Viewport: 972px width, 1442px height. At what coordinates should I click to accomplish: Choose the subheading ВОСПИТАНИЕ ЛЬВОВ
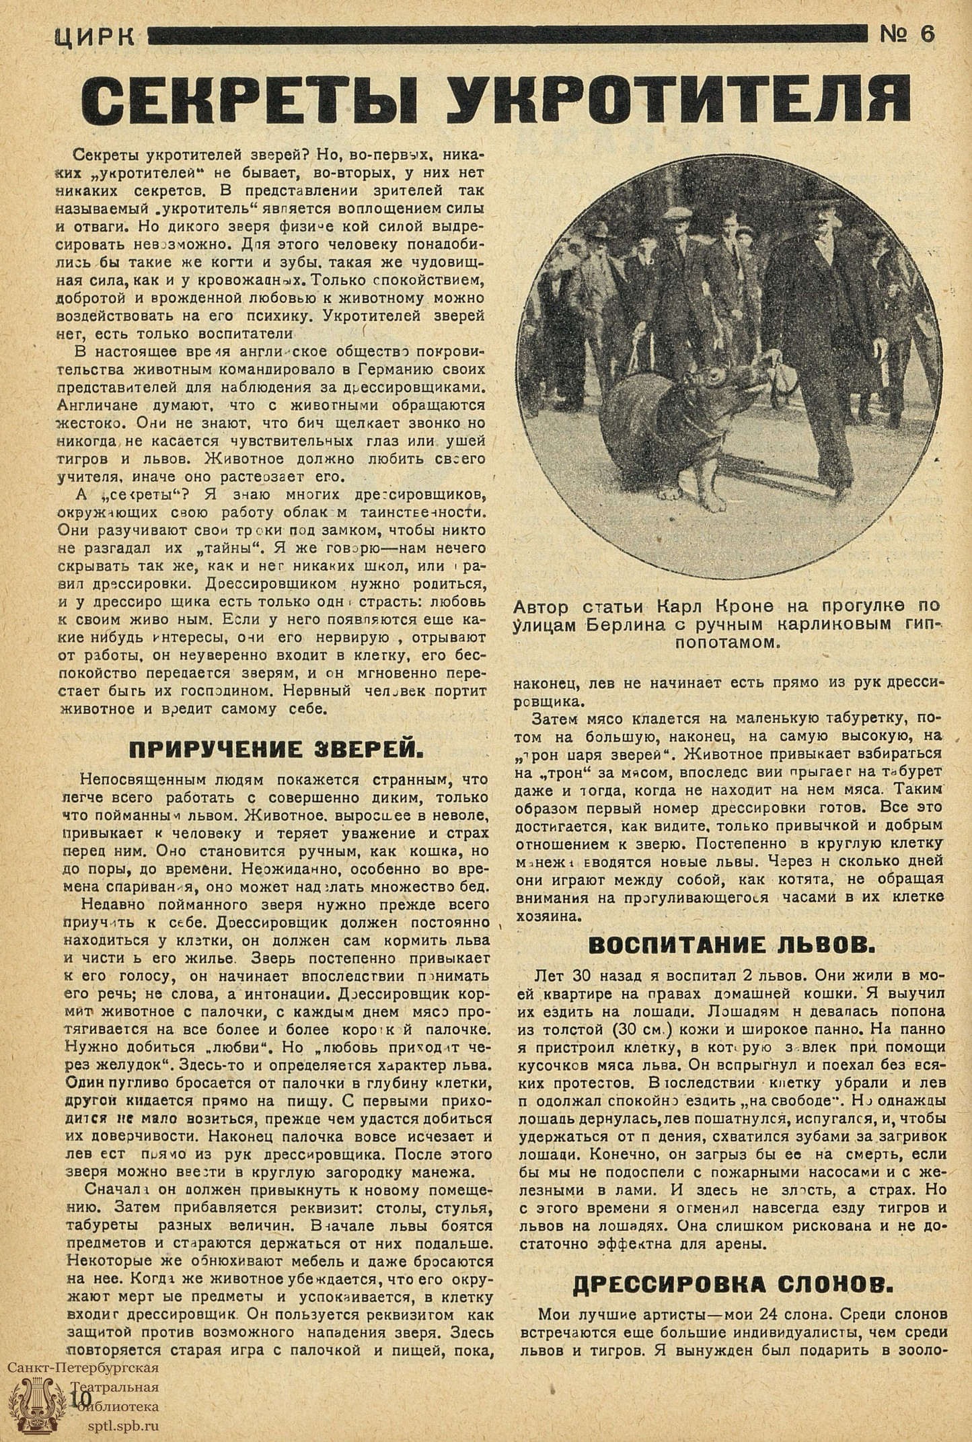732,945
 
